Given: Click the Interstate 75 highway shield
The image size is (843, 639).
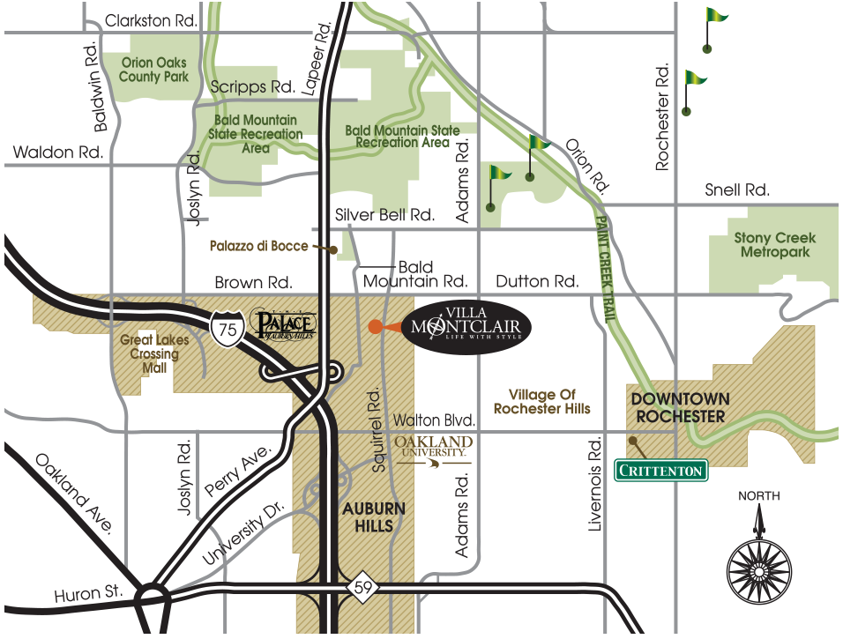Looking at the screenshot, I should pyautogui.click(x=228, y=327).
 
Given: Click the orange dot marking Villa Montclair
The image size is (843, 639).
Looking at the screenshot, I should pyautogui.click(x=376, y=326).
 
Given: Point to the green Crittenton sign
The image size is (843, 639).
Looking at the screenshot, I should pyautogui.click(x=660, y=471).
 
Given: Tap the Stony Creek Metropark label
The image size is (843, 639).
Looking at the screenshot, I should pyautogui.click(x=775, y=245).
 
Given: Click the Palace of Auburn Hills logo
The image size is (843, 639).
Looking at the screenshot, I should pyautogui.click(x=280, y=324).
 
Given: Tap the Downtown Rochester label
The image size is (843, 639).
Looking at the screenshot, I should pyautogui.click(x=679, y=407).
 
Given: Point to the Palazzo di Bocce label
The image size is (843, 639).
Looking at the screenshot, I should pyautogui.click(x=258, y=246).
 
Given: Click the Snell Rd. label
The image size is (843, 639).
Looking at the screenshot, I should pyautogui.click(x=737, y=189).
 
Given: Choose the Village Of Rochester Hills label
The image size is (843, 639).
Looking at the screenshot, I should pyautogui.click(x=541, y=402).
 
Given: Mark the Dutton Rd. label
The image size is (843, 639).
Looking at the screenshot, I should pyautogui.click(x=536, y=282).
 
